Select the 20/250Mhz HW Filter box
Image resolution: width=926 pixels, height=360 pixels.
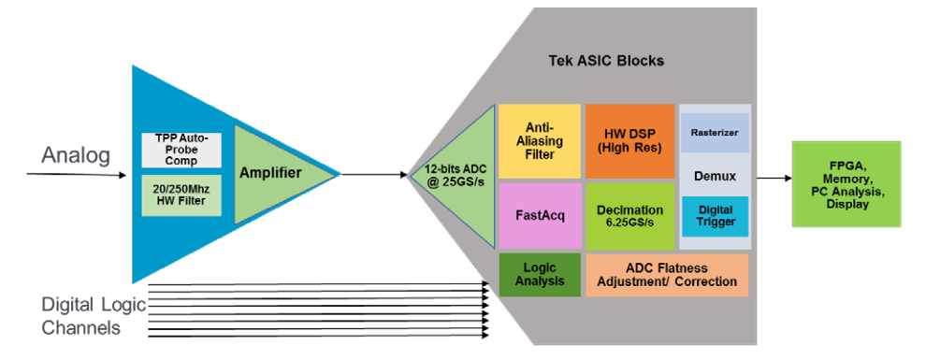(x=181, y=194)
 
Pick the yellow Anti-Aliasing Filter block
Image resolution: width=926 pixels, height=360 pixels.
(x=538, y=140)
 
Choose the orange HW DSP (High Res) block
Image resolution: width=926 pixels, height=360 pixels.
(x=629, y=140)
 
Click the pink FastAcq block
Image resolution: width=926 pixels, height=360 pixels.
(x=538, y=215)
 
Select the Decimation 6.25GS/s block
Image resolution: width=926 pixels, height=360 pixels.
(x=629, y=216)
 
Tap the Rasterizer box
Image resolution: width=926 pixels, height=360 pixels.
(x=715, y=133)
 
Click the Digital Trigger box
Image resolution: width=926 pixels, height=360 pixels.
(x=715, y=215)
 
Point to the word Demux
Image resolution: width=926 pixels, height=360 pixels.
(x=715, y=175)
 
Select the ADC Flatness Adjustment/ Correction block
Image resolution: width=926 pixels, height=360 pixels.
(x=667, y=275)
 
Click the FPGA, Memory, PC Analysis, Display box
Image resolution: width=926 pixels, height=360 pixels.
(x=846, y=183)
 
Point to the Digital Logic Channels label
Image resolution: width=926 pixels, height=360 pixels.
(x=81, y=316)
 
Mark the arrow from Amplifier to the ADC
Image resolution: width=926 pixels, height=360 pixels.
(x=374, y=174)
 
